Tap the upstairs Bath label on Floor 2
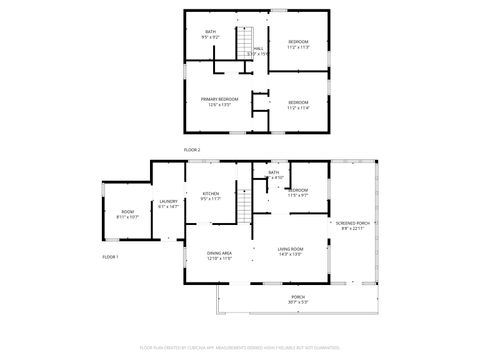pyautogui.click(x=210, y=32)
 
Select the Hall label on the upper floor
pyautogui.click(x=258, y=47)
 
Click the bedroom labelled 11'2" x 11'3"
pyautogui.click(x=298, y=44)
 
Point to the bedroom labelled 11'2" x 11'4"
pyautogui.click(x=298, y=104)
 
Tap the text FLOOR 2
pyautogui.click(x=192, y=149)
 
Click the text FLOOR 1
pyautogui.click(x=111, y=258)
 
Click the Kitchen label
pyautogui.click(x=210, y=194)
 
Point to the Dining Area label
pyautogui.click(x=219, y=255)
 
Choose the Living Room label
pyautogui.click(x=290, y=249)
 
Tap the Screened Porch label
pyautogui.click(x=352, y=223)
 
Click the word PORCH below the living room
pyautogui.click(x=298, y=297)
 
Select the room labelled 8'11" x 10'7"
pyautogui.click(x=128, y=213)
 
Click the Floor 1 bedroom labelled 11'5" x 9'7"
pyautogui.click(x=298, y=192)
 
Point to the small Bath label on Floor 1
pyautogui.click(x=273, y=172)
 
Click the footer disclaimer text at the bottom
pyautogui.click(x=240, y=349)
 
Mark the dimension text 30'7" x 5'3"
pyautogui.click(x=298, y=303)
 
